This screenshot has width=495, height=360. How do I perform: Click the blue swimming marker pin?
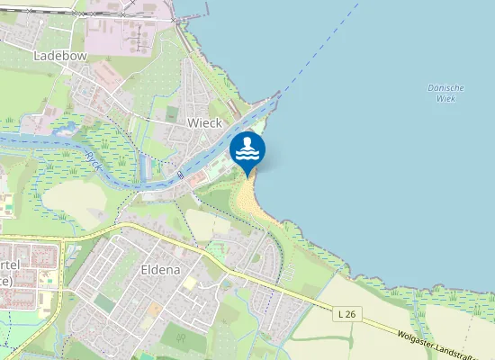click(247, 152)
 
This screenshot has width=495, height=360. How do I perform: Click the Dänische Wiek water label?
click(445, 93)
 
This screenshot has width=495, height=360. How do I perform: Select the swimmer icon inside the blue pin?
click(247, 148)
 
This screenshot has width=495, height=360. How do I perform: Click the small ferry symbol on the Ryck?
click(180, 176)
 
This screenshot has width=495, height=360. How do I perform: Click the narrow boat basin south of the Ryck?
click(146, 167)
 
